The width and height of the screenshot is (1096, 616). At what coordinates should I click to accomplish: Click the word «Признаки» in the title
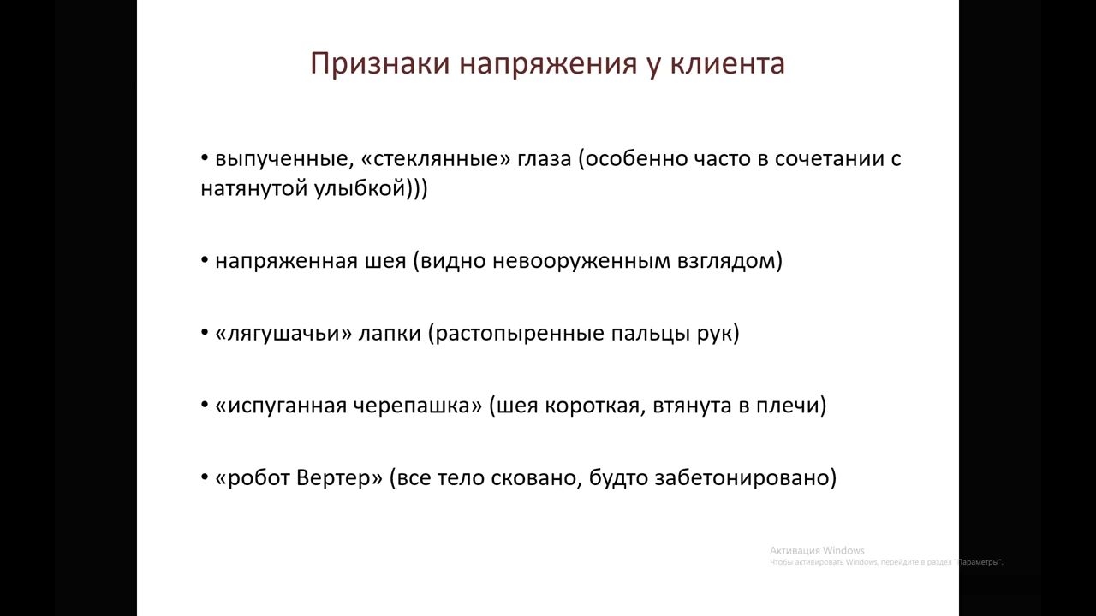coord(380,64)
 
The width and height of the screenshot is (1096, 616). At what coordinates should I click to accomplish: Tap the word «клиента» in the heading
coord(728,63)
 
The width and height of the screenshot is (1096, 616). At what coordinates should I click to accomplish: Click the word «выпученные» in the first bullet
coord(282,159)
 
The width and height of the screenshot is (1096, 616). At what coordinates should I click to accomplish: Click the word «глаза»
coord(545,159)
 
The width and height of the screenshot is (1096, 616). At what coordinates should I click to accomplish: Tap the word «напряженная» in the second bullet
coord(287,261)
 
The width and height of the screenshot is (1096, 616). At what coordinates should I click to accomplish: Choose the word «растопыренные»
coord(515,334)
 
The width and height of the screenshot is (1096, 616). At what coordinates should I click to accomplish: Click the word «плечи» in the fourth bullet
coord(792,406)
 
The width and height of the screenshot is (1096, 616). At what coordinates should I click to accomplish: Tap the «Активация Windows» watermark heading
coord(817,550)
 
